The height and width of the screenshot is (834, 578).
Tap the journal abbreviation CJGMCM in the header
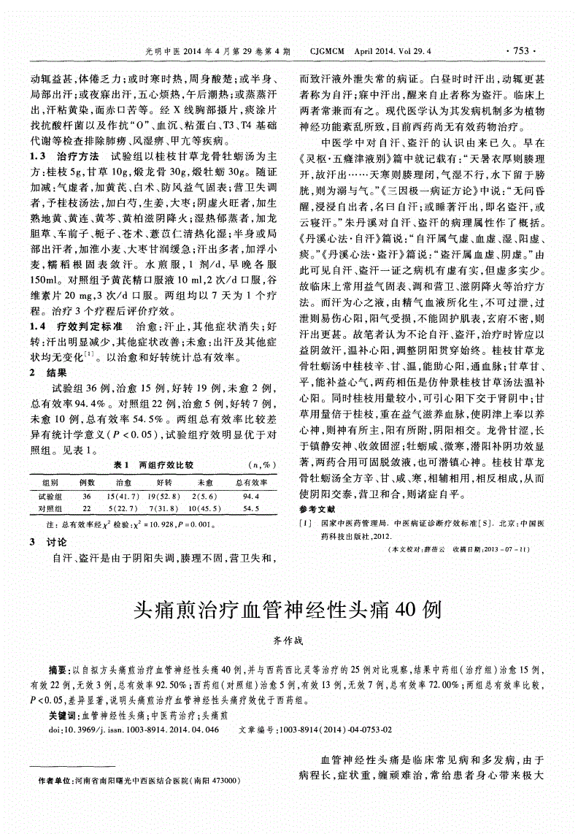click(x=330, y=51)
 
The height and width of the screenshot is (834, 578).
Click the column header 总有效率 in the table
click(x=250, y=483)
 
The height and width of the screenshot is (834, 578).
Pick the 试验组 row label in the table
click(x=51, y=495)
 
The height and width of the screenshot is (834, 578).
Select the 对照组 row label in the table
click(x=51, y=508)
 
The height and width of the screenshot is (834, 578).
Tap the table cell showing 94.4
click(x=250, y=495)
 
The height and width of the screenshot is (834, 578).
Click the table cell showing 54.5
click(x=250, y=508)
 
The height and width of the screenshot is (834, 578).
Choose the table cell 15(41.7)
click(x=123, y=495)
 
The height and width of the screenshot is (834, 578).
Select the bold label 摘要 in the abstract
click(x=58, y=669)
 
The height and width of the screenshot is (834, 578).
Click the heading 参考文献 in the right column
click(x=317, y=508)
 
